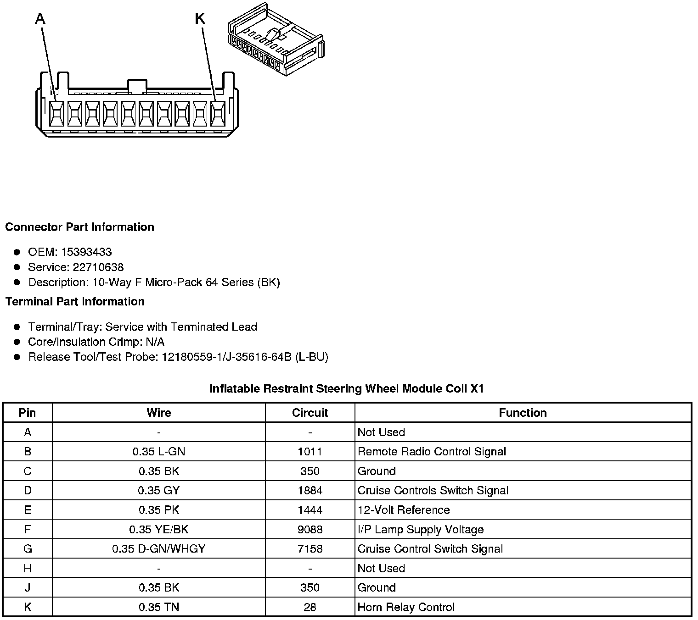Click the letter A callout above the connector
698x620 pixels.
coord(40,19)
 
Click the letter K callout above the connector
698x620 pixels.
coord(200,19)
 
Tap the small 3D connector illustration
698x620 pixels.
coord(276,40)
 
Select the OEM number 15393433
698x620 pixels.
coord(86,252)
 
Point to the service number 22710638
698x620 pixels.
coord(98,267)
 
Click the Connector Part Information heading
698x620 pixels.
coord(79,227)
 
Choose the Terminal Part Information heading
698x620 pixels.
coord(75,301)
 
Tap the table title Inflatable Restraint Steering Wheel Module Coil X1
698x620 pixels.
coord(347,389)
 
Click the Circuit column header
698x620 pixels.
coord(310,413)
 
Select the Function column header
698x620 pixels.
coord(523,413)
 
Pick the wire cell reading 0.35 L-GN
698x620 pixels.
coord(159,452)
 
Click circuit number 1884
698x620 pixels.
coord(310,491)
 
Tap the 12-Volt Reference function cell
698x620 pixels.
coord(404,510)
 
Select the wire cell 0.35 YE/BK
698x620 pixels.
coord(159,530)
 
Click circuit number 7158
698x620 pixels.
coord(310,549)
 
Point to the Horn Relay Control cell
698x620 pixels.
coord(406,608)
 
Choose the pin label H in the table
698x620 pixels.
coord(28,569)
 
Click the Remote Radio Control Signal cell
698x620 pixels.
coord(432,452)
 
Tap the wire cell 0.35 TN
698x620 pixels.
coord(159,608)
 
